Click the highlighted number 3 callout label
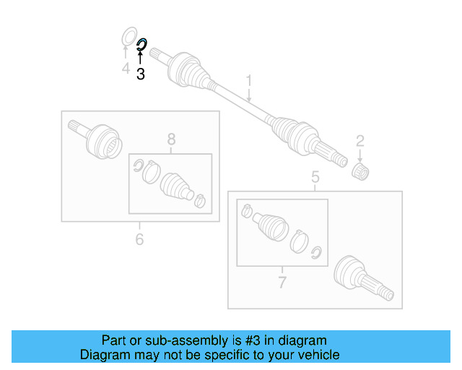(x=140, y=74)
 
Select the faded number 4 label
(x=125, y=69)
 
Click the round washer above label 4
(x=128, y=36)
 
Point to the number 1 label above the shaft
(x=249, y=80)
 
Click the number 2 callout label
(x=359, y=140)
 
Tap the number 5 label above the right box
(x=315, y=177)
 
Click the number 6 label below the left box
(x=139, y=238)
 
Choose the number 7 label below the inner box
(x=282, y=282)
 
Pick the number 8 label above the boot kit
(x=171, y=139)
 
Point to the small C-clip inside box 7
(x=315, y=251)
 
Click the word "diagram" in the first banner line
(x=297, y=340)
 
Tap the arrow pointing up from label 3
(x=140, y=59)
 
